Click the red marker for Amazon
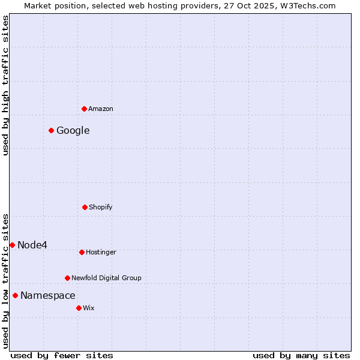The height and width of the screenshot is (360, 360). coord(84,109)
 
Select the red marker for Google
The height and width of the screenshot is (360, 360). coord(52,130)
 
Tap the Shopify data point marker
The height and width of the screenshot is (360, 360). coord(85,207)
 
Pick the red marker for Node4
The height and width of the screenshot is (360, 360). coord(12,245)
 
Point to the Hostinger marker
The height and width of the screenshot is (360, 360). coord(82,252)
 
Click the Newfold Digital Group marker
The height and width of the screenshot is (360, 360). coord(67,278)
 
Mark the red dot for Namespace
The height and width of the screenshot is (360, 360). coord(15,295)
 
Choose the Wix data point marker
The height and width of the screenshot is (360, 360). coord(79,308)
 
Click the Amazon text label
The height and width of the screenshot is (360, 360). coord(101,109)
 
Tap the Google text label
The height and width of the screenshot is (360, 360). coord(73,130)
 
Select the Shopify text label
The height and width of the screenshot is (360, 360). coord(101,207)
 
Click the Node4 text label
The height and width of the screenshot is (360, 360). coord(32,245)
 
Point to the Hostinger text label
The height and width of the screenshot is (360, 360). coord(101,252)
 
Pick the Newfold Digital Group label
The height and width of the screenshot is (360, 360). coord(107,278)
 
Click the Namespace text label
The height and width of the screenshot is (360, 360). coord(48,295)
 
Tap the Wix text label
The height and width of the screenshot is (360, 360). coord(89,308)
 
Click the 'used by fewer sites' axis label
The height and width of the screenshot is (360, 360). coord(62,355)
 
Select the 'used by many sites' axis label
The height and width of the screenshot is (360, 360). coord(301,355)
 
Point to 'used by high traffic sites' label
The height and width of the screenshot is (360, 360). coord(5,85)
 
